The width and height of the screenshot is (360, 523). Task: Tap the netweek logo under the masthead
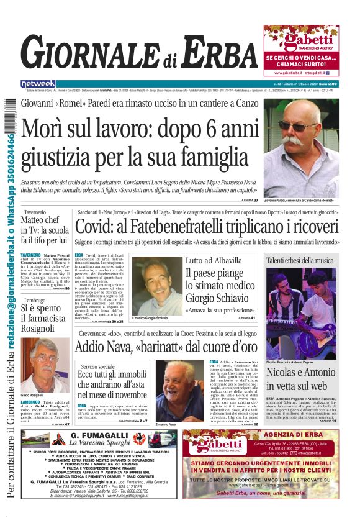[x=38, y=84]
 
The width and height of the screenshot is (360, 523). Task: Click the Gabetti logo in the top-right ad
[x=300, y=40]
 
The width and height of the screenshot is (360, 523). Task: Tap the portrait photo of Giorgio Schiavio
[x=156, y=285]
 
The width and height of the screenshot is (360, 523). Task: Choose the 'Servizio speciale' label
[x=97, y=367]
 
